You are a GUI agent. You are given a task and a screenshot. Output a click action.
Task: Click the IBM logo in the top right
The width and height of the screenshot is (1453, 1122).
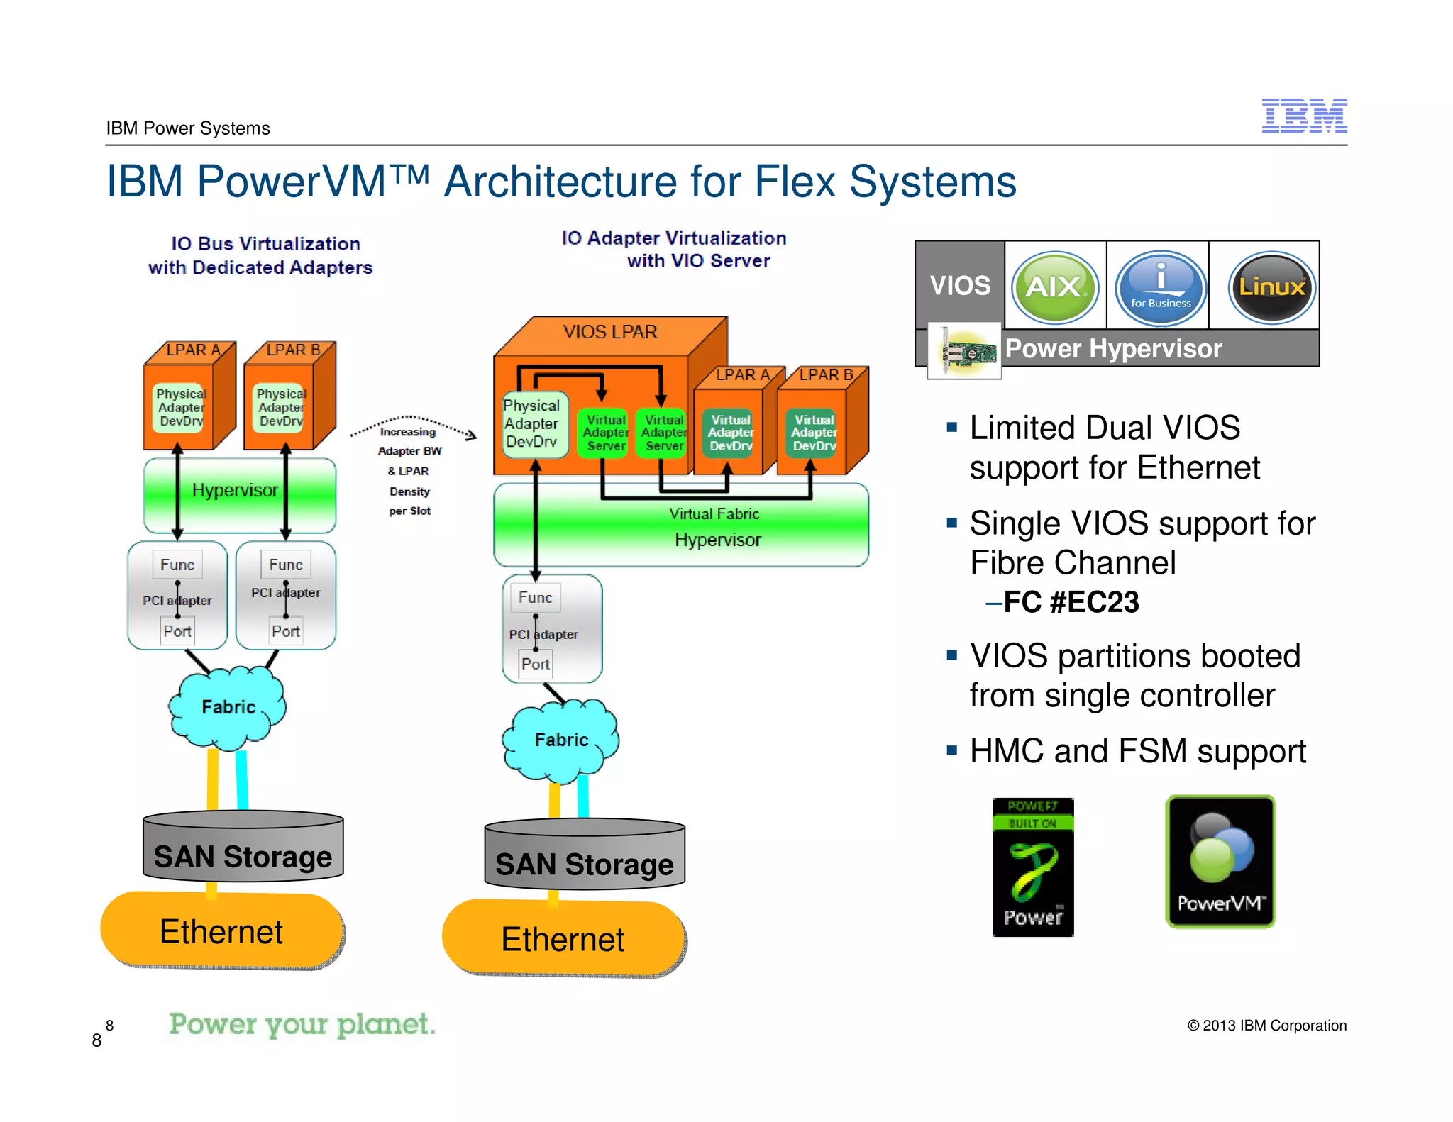[1304, 116]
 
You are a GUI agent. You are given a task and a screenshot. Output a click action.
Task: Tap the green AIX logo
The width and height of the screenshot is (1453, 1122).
[1054, 287]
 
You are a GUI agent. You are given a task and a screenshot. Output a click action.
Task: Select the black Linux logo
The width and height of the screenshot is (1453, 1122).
[1271, 287]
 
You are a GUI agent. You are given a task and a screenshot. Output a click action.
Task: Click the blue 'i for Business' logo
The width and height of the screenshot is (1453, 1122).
[1160, 287]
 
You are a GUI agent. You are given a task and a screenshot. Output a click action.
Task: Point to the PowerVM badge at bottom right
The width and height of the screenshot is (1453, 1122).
[1220, 861]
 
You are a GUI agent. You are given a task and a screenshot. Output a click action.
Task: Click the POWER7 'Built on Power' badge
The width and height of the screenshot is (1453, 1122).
[1033, 867]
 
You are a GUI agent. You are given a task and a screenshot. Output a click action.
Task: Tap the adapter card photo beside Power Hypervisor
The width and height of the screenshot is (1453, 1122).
[965, 351]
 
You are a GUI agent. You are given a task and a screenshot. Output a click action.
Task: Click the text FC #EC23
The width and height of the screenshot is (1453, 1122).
[1071, 602]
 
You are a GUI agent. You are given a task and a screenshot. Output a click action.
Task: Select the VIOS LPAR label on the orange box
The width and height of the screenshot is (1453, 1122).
[610, 332]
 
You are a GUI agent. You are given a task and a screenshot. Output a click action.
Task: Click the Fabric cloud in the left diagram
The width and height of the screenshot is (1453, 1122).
[228, 707]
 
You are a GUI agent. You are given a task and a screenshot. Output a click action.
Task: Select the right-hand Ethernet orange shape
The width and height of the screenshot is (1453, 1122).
[563, 938]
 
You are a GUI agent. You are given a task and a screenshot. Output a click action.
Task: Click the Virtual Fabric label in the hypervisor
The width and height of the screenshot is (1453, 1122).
[714, 513]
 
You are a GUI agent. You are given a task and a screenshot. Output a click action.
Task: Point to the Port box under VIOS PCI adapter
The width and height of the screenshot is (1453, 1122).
[535, 664]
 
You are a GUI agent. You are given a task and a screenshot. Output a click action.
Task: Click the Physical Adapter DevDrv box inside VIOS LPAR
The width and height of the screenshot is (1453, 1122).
[533, 423]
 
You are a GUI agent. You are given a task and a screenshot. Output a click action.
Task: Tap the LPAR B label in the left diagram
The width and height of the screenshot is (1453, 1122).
[292, 350]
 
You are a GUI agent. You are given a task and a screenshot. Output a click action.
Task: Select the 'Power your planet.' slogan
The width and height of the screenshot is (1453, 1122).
[302, 1024]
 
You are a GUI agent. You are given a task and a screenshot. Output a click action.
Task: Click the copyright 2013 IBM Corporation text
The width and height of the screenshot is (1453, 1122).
[1266, 1026]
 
